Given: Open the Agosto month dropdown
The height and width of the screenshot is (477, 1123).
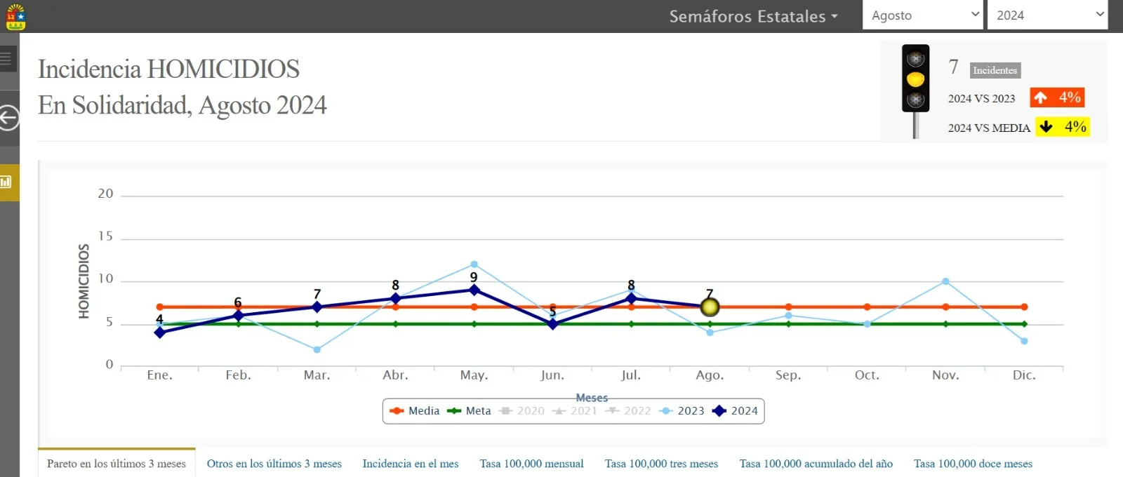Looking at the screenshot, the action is point(922,15).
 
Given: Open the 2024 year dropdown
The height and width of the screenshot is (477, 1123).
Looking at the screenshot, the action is point(1047,15).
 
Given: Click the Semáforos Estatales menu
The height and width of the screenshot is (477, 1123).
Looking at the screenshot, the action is point(754,16).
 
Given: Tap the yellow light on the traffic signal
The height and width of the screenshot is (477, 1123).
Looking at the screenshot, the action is point(915,79).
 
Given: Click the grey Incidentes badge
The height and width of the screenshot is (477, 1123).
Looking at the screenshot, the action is point(995,70).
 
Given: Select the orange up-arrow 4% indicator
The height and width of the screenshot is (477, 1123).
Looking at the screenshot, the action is point(1057,98).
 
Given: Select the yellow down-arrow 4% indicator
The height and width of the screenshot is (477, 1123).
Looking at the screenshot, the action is point(1063,126).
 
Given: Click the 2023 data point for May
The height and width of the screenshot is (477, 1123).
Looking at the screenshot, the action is point(474,264).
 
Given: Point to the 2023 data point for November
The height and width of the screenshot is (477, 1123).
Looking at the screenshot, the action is point(945,281).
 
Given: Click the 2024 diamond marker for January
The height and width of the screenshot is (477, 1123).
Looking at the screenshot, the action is point(160,332).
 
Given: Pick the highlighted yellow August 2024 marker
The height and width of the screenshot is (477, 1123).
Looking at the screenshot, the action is point(710,307).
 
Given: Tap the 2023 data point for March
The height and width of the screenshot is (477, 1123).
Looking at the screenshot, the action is point(317,350).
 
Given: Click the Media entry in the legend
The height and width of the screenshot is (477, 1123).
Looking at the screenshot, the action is point(415,411).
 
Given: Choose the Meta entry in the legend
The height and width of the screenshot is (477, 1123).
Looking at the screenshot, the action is point(469,411).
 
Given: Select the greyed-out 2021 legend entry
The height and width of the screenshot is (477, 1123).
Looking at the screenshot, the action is point(575,411).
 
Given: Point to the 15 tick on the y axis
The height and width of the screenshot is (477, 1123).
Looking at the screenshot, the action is point(105,236).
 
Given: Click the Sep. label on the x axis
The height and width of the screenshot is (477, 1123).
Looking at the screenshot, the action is point(788,375).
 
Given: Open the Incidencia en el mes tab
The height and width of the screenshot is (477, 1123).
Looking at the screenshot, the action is point(410,464).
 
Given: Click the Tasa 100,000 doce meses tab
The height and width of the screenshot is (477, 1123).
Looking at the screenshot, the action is point(973,464).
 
